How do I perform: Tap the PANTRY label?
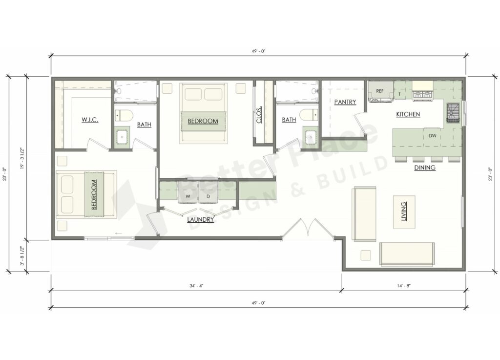point(345,102)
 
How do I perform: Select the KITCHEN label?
point(408,114)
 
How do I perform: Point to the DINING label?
point(425,168)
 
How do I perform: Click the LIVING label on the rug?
point(404,212)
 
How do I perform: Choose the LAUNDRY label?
point(200,220)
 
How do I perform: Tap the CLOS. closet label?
point(260,115)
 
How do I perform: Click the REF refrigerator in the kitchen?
point(380,91)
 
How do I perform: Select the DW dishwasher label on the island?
point(432,136)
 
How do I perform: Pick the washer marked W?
point(187,196)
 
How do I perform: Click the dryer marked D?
point(208,196)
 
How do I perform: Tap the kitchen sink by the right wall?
point(452,114)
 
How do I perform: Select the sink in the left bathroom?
point(122,137)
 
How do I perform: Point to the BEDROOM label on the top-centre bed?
point(203,121)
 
